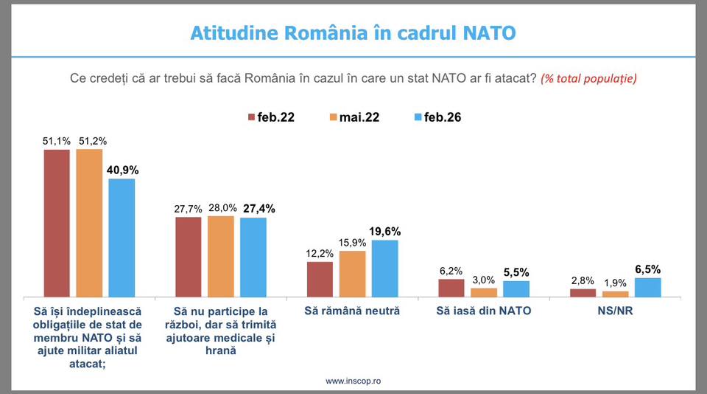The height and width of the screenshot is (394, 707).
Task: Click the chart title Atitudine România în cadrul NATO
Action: pyautogui.click(x=353, y=33)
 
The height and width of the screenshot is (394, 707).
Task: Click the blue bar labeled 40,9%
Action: pyautogui.click(x=122, y=238)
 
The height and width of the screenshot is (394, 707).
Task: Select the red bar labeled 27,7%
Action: pyautogui.click(x=188, y=257)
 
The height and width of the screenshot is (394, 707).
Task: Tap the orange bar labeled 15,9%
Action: pyautogui.click(x=352, y=274)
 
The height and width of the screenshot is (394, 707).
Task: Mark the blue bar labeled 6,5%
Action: pyautogui.click(x=647, y=288)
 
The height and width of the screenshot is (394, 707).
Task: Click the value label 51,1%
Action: pyautogui.click(x=57, y=139)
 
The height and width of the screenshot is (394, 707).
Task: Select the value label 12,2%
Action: pyautogui.click(x=320, y=253)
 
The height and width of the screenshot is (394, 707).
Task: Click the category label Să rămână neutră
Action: pyautogui.click(x=352, y=311)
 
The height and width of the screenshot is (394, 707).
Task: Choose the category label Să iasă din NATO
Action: pyautogui.click(x=483, y=311)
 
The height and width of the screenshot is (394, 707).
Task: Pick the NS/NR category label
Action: pyautogui.click(x=615, y=311)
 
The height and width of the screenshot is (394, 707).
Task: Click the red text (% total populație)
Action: pyautogui.click(x=588, y=78)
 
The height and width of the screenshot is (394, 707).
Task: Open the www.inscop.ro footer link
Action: pyautogui.click(x=353, y=381)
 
